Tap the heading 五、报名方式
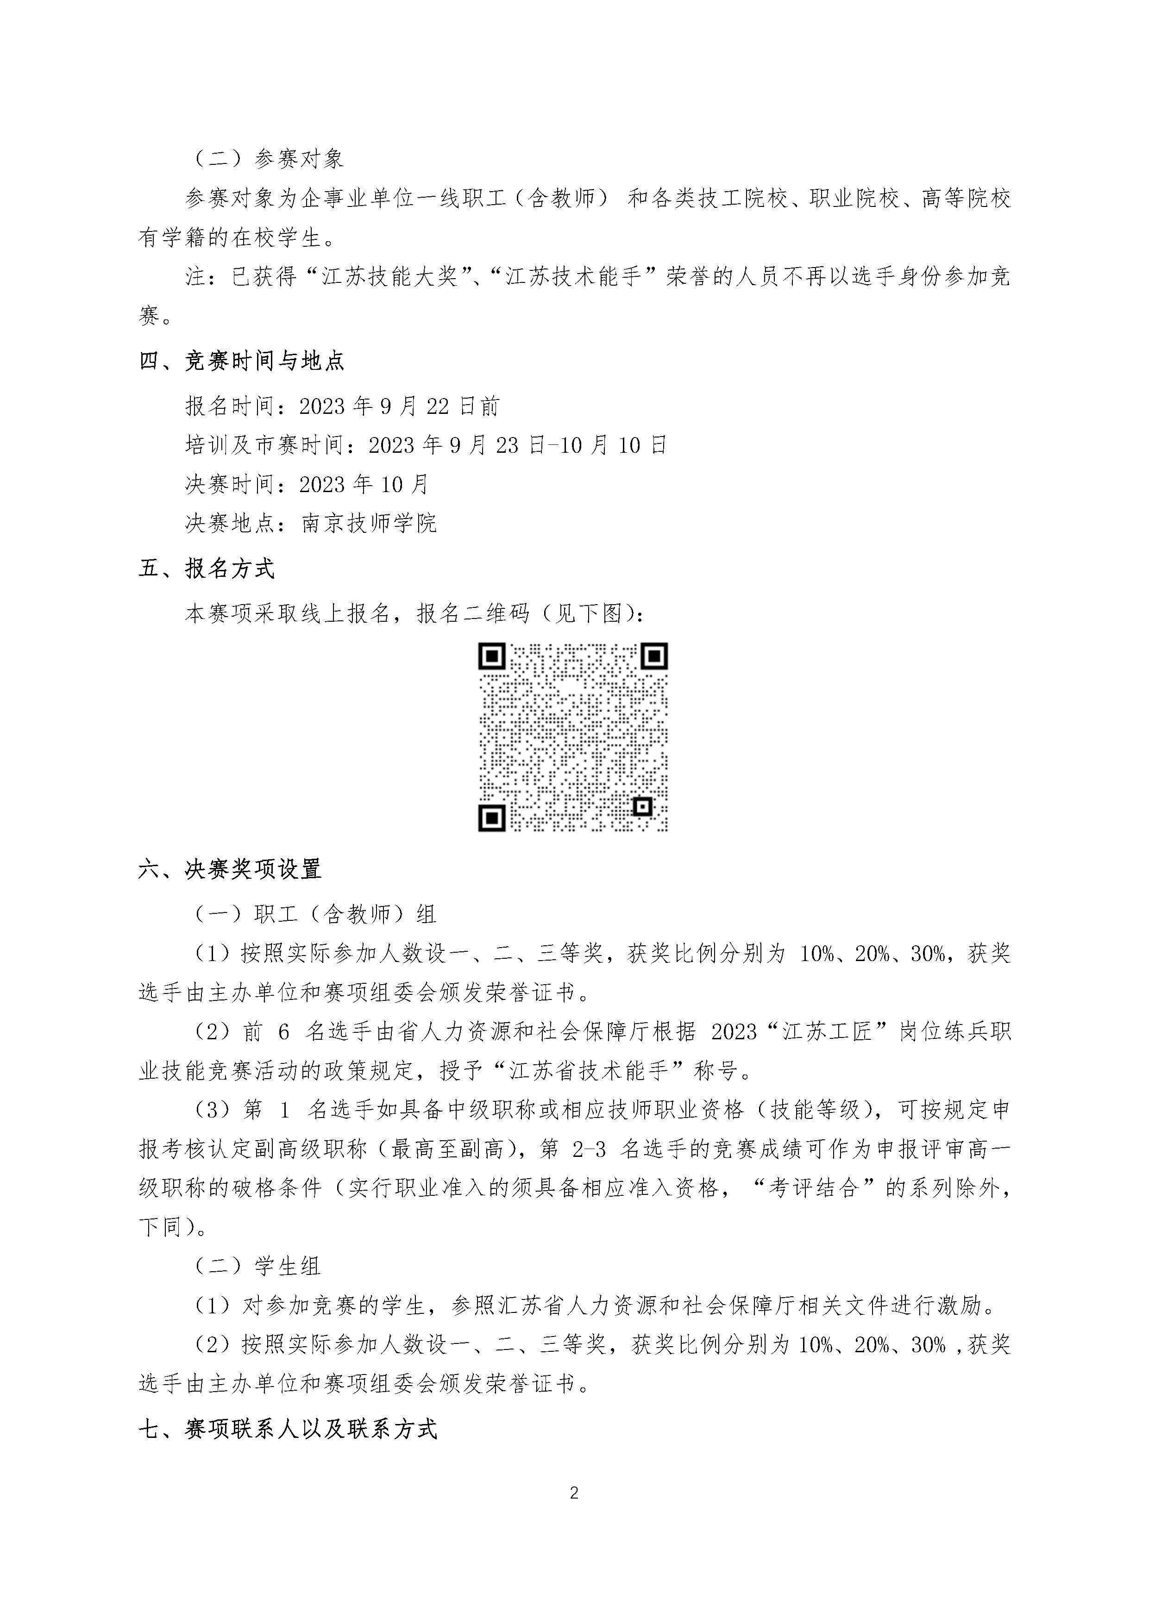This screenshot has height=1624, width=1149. (x=206, y=568)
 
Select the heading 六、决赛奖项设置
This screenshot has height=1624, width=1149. (x=230, y=868)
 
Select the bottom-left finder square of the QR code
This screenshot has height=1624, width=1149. (x=492, y=818)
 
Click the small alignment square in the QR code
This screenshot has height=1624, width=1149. (x=642, y=806)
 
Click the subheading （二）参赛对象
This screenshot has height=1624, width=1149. (x=269, y=158)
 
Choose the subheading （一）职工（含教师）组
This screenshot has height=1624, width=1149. (x=315, y=915)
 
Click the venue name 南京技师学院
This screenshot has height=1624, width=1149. (x=369, y=524)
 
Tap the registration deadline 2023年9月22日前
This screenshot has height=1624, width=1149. (x=400, y=406)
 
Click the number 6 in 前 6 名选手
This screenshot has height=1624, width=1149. (x=284, y=1032)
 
